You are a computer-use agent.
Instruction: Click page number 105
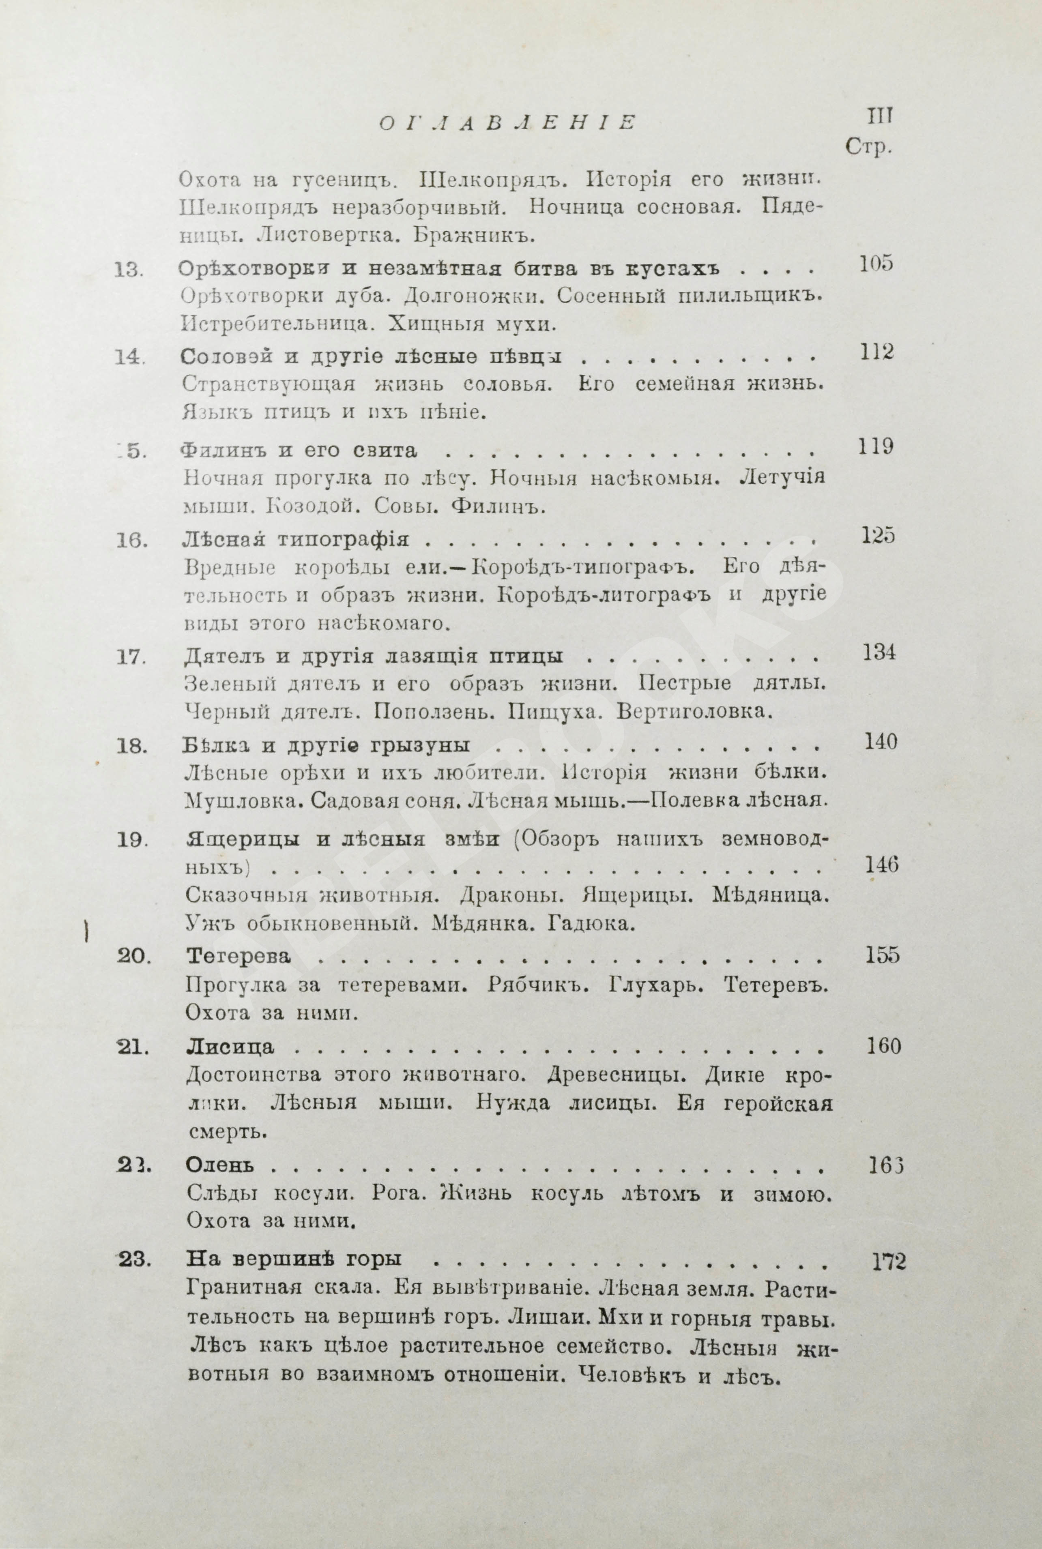[876, 264]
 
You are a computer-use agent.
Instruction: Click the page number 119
[876, 447]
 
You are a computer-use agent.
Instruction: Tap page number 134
[879, 653]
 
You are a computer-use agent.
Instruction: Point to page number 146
[881, 865]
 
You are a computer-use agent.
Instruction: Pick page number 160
[884, 1046]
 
